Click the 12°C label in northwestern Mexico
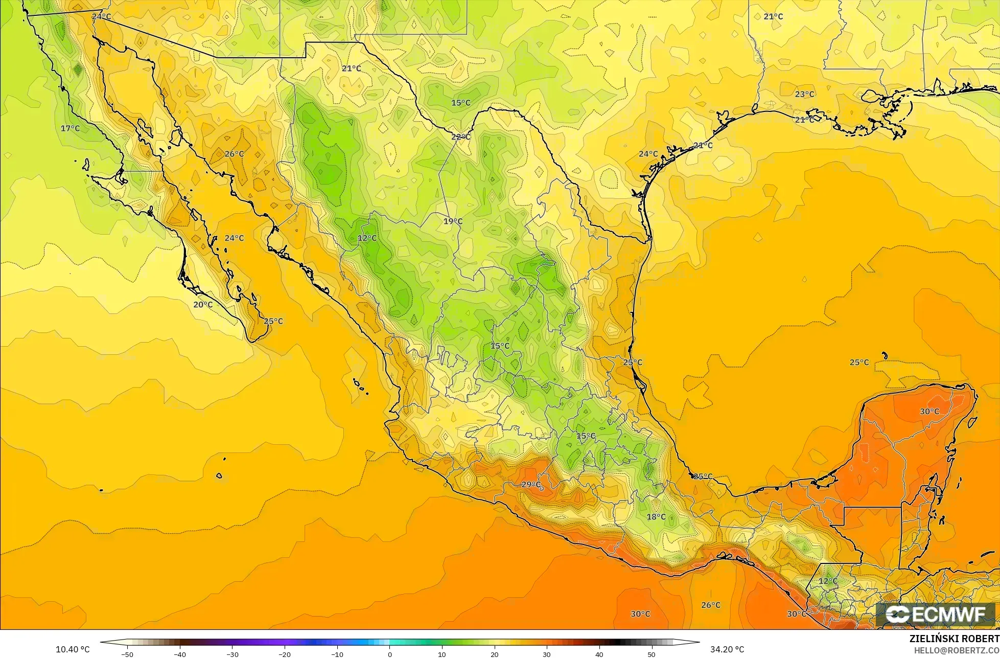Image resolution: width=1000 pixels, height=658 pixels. [367, 238]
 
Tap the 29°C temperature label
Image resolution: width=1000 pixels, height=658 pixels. [531, 485]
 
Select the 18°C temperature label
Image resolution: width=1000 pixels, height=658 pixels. [656, 517]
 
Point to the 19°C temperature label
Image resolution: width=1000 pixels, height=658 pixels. [453, 221]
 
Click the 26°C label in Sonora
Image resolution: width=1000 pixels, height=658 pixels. [234, 154]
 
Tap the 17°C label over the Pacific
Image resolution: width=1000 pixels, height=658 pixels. [70, 128]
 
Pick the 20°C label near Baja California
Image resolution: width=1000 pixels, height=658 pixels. [203, 305]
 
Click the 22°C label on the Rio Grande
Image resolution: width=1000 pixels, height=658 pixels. [460, 137]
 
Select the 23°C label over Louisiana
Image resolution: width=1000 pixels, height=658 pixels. [805, 94]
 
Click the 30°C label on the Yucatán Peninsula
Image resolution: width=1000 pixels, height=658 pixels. [929, 412]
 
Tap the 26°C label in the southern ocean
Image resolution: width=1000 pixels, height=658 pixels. [711, 605]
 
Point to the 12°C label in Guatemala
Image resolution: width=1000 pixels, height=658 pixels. [828, 581]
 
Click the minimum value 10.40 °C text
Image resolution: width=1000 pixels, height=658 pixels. [73, 649]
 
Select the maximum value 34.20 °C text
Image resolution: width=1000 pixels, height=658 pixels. [727, 649]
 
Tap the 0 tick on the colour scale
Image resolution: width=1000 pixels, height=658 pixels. [389, 654]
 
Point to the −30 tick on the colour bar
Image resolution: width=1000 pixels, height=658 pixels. [232, 654]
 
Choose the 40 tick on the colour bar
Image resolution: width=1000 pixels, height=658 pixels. [599, 654]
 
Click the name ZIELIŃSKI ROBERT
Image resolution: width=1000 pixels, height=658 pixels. [954, 639]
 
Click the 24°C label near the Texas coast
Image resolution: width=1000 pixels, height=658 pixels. [648, 154]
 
